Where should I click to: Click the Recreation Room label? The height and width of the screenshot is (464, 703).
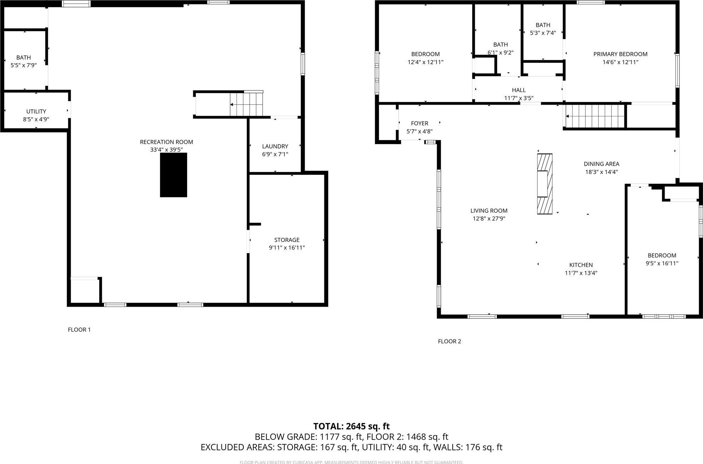pyautogui.click(x=166, y=142)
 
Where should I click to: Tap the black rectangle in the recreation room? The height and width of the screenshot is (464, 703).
pyautogui.click(x=173, y=175)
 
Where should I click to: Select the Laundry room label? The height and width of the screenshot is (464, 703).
pyautogui.click(x=275, y=146)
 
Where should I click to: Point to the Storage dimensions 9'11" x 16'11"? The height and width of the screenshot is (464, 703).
pyautogui.click(x=286, y=248)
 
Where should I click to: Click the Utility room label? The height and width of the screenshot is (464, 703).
pyautogui.click(x=36, y=111)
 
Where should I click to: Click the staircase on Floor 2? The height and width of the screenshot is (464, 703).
pyautogui.click(x=595, y=116)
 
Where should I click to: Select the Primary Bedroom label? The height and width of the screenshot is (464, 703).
pyautogui.click(x=620, y=54)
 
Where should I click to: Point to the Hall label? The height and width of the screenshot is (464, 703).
pyautogui.click(x=519, y=90)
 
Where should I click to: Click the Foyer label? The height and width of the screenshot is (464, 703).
pyautogui.click(x=419, y=123)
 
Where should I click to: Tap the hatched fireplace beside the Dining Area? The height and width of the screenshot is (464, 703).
pyautogui.click(x=545, y=184)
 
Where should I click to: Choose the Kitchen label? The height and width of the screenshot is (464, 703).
pyautogui.click(x=581, y=265)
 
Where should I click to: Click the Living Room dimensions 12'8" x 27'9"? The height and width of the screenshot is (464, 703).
pyautogui.click(x=489, y=218)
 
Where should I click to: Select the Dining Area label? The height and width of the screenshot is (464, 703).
pyautogui.click(x=602, y=164)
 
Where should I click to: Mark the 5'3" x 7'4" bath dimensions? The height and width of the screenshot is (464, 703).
pyautogui.click(x=543, y=33)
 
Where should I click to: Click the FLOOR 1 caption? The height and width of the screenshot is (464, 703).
pyautogui.click(x=79, y=329)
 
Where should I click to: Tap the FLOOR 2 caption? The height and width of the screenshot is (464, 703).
pyautogui.click(x=449, y=341)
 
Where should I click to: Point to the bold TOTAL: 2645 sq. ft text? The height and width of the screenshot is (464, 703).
pyautogui.click(x=351, y=426)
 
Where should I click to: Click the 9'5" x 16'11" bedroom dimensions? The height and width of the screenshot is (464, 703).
pyautogui.click(x=662, y=263)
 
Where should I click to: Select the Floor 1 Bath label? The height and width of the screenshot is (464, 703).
pyautogui.click(x=24, y=57)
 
